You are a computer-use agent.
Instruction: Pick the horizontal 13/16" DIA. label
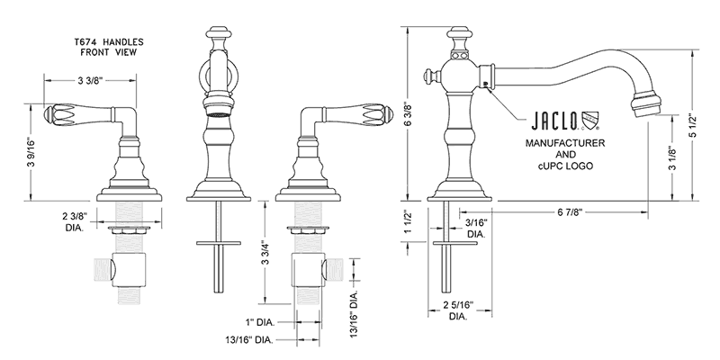coord(248,340)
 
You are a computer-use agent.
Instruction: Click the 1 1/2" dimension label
coord(415,221)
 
